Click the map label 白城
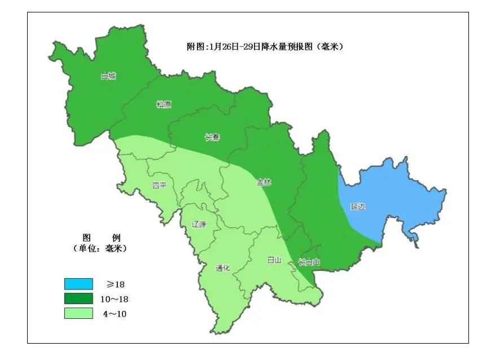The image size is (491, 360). tap(108, 76)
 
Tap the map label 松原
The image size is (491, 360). tap(164, 104)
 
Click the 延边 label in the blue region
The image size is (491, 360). tap(358, 207)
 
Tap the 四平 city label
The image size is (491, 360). tap(160, 186)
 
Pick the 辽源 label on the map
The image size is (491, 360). tap(199, 224)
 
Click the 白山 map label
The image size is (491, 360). tap(274, 260)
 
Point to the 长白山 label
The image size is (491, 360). tap(309, 262)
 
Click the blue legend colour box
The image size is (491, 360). tap(78, 283)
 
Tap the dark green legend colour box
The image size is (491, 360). tap(78, 298)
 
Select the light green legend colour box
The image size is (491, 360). tap(78, 313)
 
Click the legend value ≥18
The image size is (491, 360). tap(116, 284)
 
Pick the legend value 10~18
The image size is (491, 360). tap(119, 299)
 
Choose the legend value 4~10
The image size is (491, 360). tap(115, 314)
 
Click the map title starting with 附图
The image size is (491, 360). tap(265, 46)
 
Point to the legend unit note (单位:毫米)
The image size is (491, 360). tap(100, 248)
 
